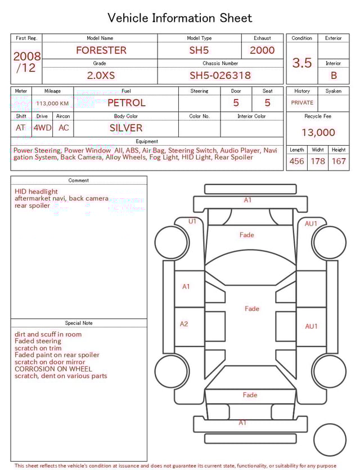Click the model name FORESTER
101,50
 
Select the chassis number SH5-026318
220,75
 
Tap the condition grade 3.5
302,62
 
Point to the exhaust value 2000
262,50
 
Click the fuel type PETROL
126,102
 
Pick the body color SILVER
126,128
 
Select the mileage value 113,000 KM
52,104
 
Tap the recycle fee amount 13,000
318,132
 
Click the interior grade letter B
334,75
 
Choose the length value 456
296,161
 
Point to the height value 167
339,161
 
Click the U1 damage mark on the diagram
192,221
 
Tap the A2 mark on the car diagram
184,324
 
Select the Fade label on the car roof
252,308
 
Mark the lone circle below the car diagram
330,440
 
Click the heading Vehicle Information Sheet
180,18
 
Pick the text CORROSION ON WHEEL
53,369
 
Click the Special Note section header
79,323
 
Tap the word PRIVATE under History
302,102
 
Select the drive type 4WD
42,128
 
